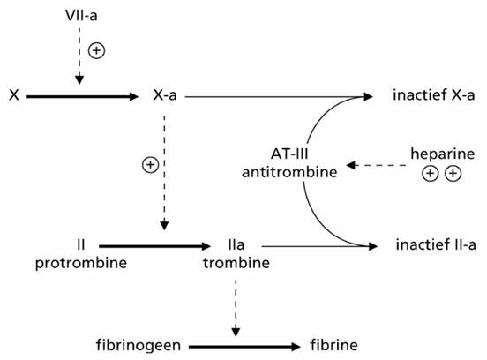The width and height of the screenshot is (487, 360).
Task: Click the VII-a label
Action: tap(81, 16)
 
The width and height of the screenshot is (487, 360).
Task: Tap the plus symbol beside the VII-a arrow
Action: tap(96, 50)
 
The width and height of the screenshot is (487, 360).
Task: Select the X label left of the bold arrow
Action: tap(14, 94)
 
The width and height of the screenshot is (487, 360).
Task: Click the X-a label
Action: tap(165, 94)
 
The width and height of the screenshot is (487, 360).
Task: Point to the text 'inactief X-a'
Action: tap(433, 94)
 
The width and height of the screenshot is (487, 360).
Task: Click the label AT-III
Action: tap(289, 154)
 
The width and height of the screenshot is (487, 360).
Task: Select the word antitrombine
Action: tap(289, 172)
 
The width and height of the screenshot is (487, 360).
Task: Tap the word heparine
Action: tap(443, 154)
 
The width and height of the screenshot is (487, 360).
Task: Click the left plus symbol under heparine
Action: tap(431, 174)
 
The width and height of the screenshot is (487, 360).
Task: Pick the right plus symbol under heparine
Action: tap(453, 174)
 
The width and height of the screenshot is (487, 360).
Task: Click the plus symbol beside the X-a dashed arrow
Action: tap(150, 165)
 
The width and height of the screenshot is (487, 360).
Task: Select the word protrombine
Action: tap(81, 263)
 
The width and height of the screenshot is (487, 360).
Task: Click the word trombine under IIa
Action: tap(236, 263)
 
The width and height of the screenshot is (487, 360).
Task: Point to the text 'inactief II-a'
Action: tap(436, 244)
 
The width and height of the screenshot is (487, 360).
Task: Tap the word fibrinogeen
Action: tap(139, 345)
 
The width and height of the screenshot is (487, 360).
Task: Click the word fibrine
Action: tap(333, 345)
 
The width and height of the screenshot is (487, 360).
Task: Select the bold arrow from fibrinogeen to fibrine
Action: tap(244, 347)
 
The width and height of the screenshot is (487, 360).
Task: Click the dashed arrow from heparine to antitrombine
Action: tap(377, 165)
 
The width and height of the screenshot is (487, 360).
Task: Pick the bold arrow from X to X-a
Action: tap(82, 96)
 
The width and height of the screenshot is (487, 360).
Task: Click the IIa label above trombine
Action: tap(236, 244)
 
